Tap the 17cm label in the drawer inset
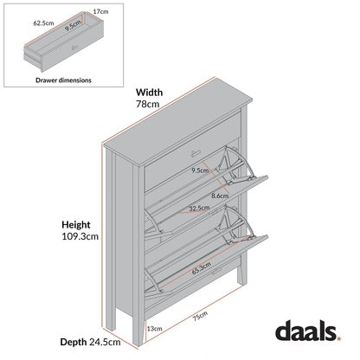[x=100, y=12]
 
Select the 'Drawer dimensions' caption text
[x=63, y=79]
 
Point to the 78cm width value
[x=148, y=105]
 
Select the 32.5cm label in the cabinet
[x=198, y=209]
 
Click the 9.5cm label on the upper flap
[x=200, y=170]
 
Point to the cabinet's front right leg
[x=237, y=282]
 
